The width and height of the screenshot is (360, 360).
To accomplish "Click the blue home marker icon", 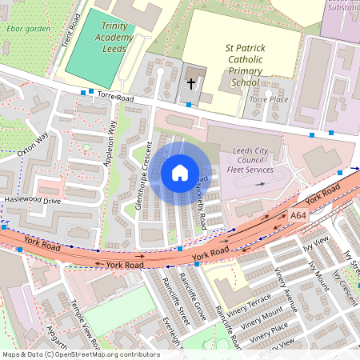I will tap(180, 173).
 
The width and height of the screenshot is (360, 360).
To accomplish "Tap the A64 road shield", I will tap(298, 216).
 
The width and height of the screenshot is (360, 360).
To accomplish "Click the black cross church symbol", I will tap(191, 82).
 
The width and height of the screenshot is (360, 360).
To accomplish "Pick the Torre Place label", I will tap(268, 99).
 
